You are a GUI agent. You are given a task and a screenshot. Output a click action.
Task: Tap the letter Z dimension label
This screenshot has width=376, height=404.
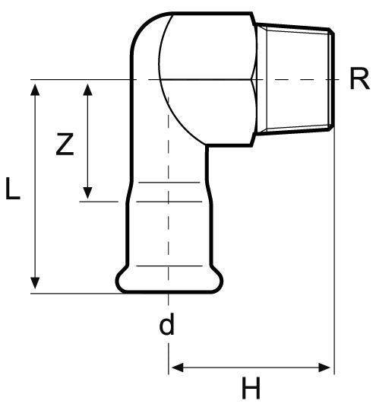point(65,145)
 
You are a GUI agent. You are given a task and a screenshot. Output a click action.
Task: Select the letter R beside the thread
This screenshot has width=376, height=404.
point(359,80)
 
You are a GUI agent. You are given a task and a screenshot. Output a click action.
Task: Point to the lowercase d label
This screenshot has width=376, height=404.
point(166,325)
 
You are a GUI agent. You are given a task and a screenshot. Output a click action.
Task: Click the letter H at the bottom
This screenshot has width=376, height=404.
point(251,388)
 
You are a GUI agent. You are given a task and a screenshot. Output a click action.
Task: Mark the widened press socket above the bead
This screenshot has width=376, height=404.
point(167,228)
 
